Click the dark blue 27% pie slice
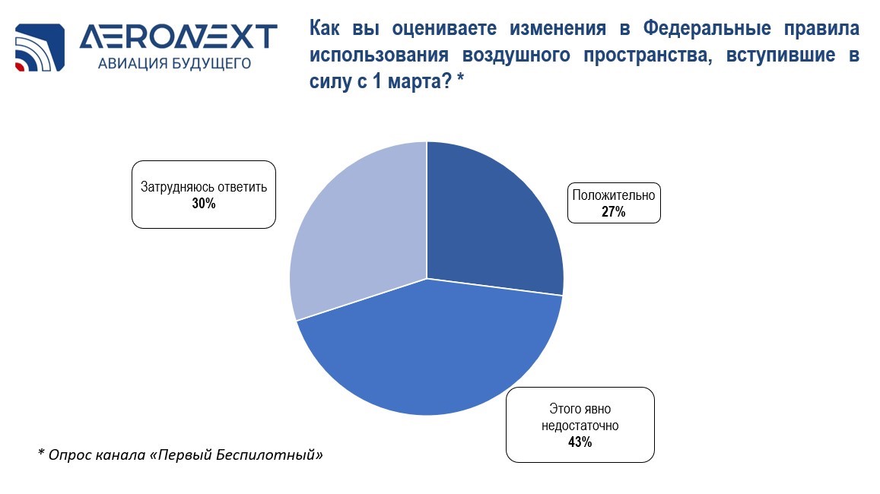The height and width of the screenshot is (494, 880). coord(488,224)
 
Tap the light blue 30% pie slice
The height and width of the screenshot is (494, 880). coord(359,236)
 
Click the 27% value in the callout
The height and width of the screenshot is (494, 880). coord(614,211)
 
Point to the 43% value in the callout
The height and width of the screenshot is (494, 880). coord(580,442)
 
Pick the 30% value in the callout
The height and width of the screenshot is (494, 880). coord(204,203)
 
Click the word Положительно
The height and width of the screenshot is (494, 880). coord(614,195)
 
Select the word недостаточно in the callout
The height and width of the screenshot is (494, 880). coord(580,426)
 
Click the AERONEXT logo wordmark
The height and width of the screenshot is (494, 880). coord(179,37)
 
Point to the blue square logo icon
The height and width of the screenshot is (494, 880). coord(40,48)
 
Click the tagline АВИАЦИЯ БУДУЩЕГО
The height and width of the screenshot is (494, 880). coord(174,63)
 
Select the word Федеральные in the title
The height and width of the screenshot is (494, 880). coord(707,28)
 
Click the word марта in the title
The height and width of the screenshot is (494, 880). coord(419,82)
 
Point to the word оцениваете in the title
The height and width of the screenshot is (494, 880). coord(443,28)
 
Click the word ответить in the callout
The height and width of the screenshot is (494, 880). coord(243,187)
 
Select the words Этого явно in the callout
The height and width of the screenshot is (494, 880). coord(580,409)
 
